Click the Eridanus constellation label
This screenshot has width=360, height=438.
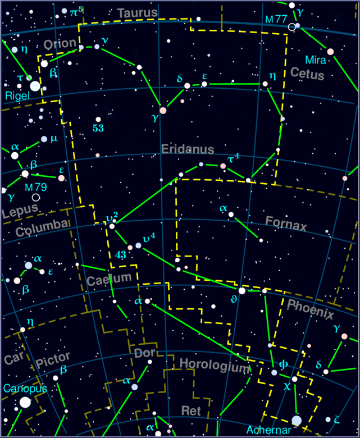[x=188, y=149]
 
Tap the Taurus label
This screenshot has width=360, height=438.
[x=138, y=13]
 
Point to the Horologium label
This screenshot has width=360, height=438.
[x=213, y=366]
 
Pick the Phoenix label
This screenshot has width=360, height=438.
[x=310, y=309]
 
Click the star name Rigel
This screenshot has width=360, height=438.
[x=17, y=97]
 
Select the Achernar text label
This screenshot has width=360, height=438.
[x=268, y=430]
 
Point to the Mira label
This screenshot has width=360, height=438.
[x=316, y=60]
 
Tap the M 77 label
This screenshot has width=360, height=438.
[x=276, y=19]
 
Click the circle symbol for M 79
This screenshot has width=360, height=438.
[x=36, y=197]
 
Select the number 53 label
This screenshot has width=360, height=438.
[x=98, y=129]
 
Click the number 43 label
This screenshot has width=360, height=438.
[x=121, y=254]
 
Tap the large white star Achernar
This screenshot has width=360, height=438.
[x=297, y=421]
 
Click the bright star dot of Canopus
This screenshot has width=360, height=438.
[x=25, y=402]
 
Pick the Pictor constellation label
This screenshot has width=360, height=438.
[x=53, y=358]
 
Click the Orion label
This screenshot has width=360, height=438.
[x=60, y=44]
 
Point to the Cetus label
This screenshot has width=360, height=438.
[x=307, y=74]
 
